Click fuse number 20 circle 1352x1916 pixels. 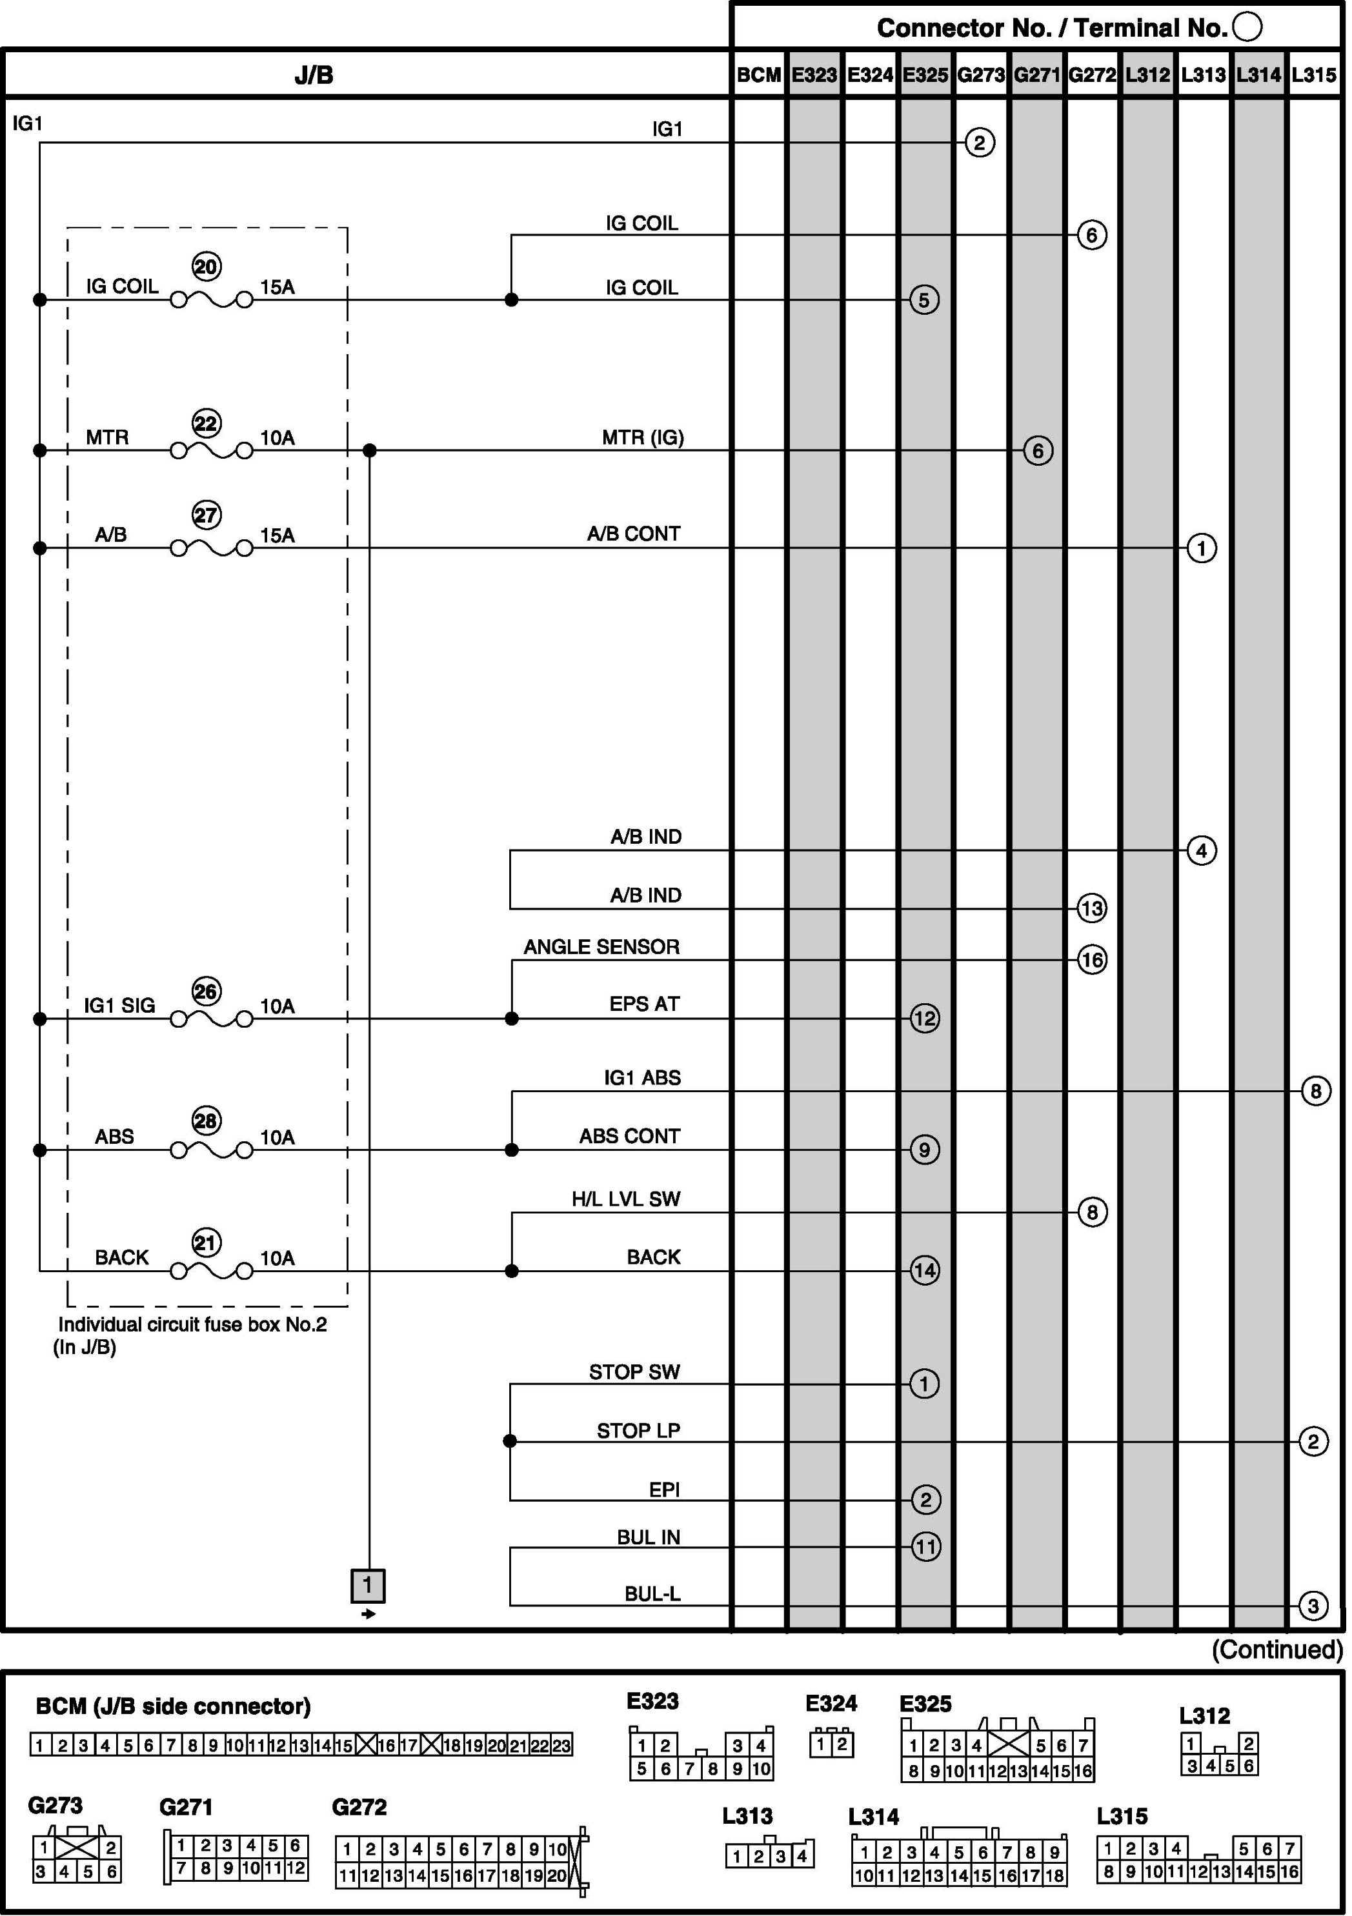tap(206, 267)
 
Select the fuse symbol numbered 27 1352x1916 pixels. tap(211, 548)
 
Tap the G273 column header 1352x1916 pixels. tap(981, 75)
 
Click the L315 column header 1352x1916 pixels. tap(1314, 75)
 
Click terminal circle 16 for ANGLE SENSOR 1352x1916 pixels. tap(1092, 960)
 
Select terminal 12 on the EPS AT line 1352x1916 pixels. tap(924, 1018)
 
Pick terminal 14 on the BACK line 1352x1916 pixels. tap(924, 1271)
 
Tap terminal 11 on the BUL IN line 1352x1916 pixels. tap(925, 1546)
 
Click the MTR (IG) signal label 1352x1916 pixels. tap(643, 438)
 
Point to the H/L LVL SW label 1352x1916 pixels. tap(626, 1199)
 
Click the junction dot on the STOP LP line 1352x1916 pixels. tap(510, 1441)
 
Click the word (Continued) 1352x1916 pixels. tap(1277, 1650)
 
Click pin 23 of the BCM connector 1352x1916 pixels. tap(561, 1745)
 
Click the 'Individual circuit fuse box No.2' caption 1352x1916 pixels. tap(192, 1324)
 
